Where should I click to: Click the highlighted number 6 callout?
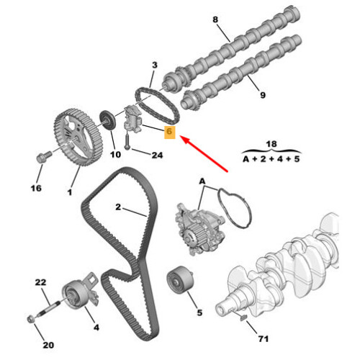[x=169, y=132]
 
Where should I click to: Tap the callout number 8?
[x=215, y=19]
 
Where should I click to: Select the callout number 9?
[x=263, y=95]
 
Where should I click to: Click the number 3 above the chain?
[x=155, y=65]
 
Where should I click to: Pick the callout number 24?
[x=157, y=156]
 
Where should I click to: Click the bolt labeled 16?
[x=43, y=156]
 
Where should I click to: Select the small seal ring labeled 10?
[x=107, y=120]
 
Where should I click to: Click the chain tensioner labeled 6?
[x=132, y=120]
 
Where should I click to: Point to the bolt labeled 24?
[x=127, y=142]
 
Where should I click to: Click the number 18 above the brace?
[x=271, y=144]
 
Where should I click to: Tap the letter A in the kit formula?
[x=246, y=159]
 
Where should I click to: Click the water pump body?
[x=199, y=229]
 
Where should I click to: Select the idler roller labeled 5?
[x=180, y=279]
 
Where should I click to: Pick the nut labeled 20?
[x=30, y=319]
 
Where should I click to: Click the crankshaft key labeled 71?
[x=243, y=318]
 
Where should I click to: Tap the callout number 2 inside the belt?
[x=118, y=207]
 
